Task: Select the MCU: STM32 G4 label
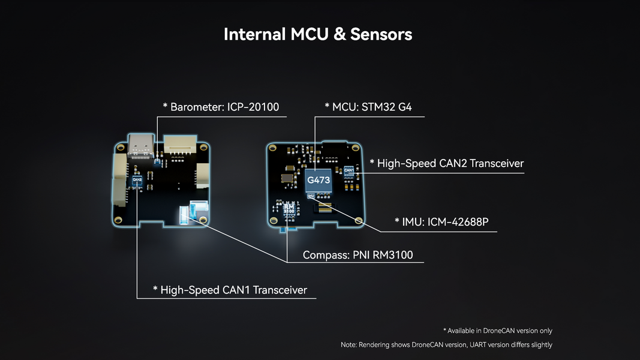pos(368,107)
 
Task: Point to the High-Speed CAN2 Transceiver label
pos(446,163)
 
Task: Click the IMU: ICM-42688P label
pos(441,222)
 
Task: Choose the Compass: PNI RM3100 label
pos(357,255)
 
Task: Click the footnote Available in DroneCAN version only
pos(497,331)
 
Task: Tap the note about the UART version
pos(446,344)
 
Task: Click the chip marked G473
pos(318,179)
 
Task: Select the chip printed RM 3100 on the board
pos(289,210)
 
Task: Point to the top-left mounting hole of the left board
pos(119,148)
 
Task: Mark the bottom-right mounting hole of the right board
pos(358,221)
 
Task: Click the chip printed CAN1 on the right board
pos(349,172)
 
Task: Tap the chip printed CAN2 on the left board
pos(137,179)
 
